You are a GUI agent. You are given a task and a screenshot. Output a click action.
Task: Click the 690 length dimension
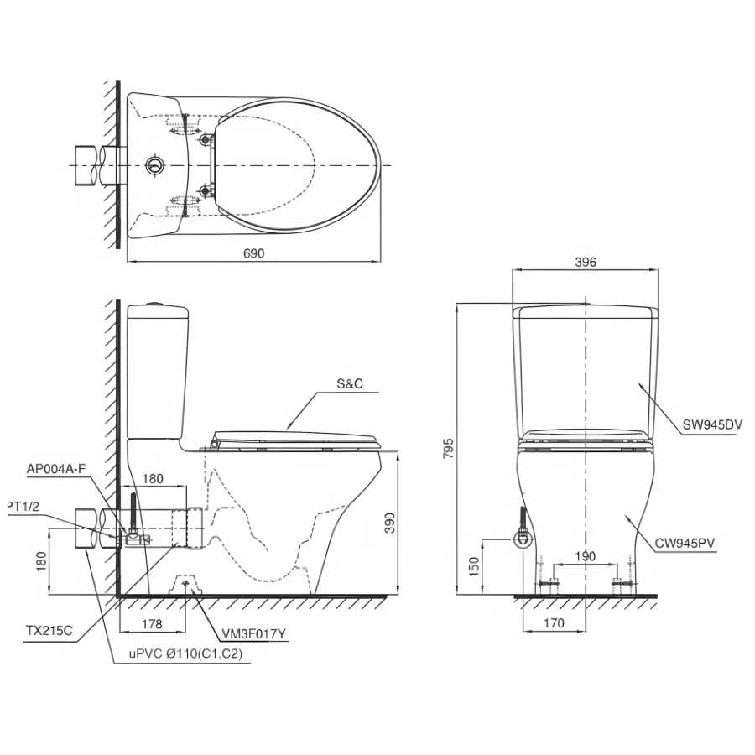[x=253, y=253]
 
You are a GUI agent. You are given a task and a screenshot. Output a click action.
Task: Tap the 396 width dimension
[x=586, y=262]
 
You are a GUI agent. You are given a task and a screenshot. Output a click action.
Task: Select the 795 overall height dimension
[x=449, y=448]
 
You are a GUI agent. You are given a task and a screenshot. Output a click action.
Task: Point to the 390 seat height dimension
[x=390, y=523]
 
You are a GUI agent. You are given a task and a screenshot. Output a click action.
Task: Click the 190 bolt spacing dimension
[x=585, y=557]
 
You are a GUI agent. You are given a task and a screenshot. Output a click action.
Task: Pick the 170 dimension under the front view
[x=554, y=623]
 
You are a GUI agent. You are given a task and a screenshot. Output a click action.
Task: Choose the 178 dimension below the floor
[x=152, y=624]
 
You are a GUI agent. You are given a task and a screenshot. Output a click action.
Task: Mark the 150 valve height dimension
[x=474, y=567]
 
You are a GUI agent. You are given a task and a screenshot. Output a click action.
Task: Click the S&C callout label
[x=350, y=384]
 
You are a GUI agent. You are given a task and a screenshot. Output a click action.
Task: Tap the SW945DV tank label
[x=712, y=424]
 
